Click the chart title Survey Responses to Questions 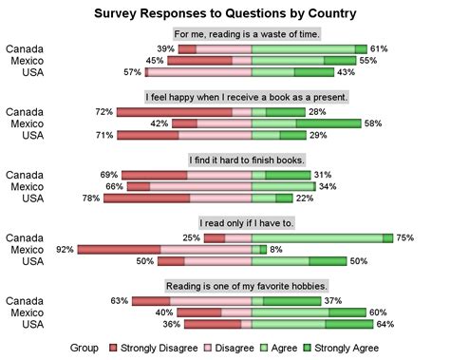[x=226, y=14]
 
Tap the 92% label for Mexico [x=66, y=249]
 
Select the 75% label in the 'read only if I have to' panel [x=405, y=237]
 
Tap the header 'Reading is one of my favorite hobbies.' [x=247, y=285]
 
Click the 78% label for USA [x=92, y=199]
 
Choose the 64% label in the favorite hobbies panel [x=384, y=324]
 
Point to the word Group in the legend [x=84, y=348]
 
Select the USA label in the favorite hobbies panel [x=32, y=324]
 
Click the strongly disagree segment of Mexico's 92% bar [x=119, y=249]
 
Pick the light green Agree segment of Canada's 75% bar [x=317, y=237]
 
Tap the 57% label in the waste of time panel [x=132, y=72]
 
